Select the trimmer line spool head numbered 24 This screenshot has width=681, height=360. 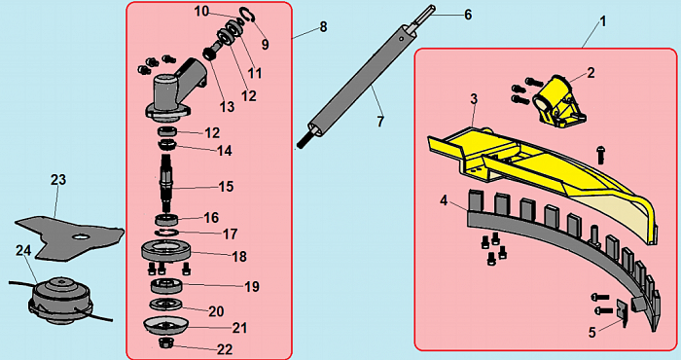pyautogui.click(x=60, y=301)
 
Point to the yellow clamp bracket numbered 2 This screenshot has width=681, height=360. pyautogui.click(x=559, y=101)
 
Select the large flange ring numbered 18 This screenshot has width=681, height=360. pyautogui.click(x=166, y=251)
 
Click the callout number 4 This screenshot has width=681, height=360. pyautogui.click(x=444, y=202)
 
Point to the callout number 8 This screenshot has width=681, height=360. pyautogui.click(x=323, y=27)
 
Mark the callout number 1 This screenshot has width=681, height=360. pyautogui.click(x=603, y=21)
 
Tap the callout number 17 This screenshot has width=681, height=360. pyautogui.click(x=231, y=234)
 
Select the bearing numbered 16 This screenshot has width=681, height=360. pyautogui.click(x=166, y=219)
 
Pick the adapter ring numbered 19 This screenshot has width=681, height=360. pyautogui.click(x=166, y=287)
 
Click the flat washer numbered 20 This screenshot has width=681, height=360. pyautogui.click(x=166, y=304)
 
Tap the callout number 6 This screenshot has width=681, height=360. pyautogui.click(x=468, y=15)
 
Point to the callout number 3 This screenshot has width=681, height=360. pyautogui.click(x=474, y=99)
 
